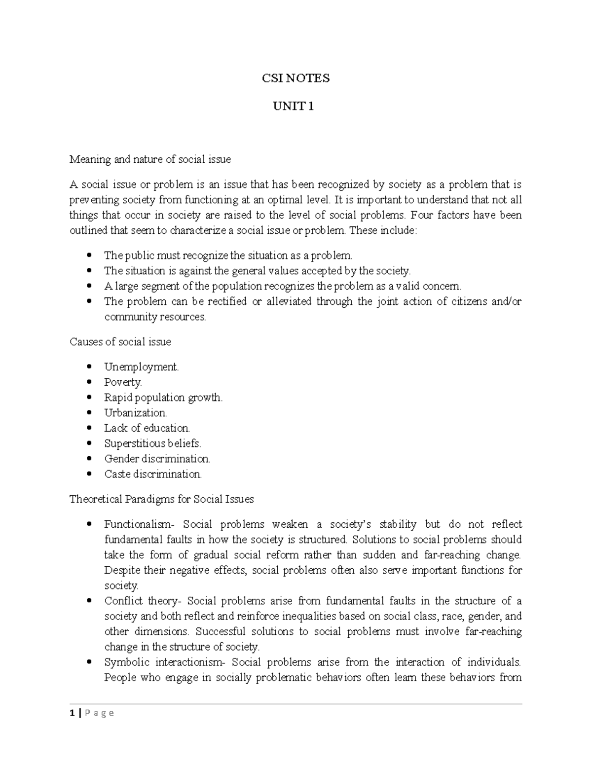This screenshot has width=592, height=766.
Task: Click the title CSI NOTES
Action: [x=295, y=78]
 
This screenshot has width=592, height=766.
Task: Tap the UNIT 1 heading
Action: [x=295, y=106]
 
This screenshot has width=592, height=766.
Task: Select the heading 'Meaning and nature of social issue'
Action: [x=150, y=159]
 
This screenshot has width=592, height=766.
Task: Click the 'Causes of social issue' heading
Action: [x=120, y=341]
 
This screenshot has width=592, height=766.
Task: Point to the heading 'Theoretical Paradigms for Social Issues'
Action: [x=161, y=499]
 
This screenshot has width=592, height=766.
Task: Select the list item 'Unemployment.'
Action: [x=141, y=367]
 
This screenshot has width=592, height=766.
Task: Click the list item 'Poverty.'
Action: [x=123, y=382]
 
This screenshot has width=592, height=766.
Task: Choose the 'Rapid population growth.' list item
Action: [x=163, y=398]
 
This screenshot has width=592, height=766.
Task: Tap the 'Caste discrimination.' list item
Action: [x=153, y=474]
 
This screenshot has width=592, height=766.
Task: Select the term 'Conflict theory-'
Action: [x=143, y=601]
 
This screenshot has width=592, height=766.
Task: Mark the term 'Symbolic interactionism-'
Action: [x=164, y=662]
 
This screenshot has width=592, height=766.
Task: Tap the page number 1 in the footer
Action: [x=72, y=713]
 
